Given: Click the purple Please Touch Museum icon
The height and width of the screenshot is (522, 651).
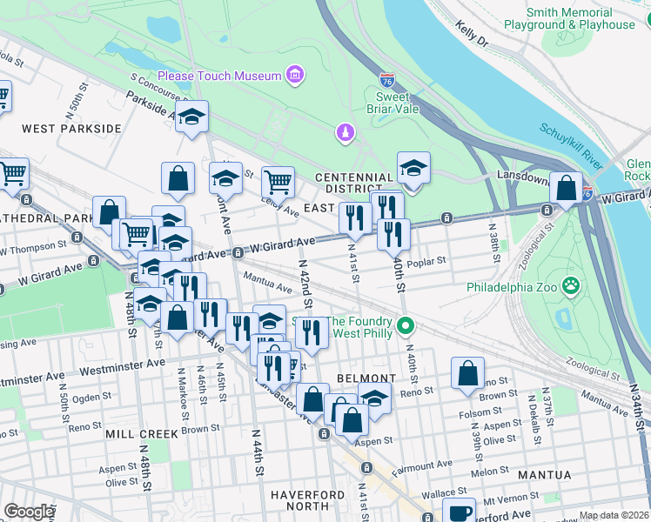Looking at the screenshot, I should (x=295, y=77).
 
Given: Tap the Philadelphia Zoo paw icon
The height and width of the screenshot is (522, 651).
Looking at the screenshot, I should (x=571, y=285).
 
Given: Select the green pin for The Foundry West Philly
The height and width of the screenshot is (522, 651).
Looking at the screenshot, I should (x=404, y=328).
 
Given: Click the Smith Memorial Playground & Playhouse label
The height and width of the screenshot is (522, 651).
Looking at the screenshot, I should (x=581, y=18).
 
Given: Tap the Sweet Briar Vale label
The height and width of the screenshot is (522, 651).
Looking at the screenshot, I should (x=397, y=103).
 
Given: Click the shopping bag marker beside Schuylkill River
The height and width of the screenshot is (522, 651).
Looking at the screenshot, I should (x=566, y=188).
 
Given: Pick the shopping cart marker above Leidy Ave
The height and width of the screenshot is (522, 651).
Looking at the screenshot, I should (x=277, y=183).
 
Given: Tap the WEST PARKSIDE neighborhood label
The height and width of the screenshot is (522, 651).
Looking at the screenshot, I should (x=72, y=129).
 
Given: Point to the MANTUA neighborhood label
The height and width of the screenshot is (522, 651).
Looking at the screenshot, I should (x=545, y=475).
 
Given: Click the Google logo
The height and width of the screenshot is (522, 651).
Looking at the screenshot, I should (x=28, y=511).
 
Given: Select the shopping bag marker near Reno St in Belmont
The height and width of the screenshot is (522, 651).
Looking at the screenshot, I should (x=467, y=373).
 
